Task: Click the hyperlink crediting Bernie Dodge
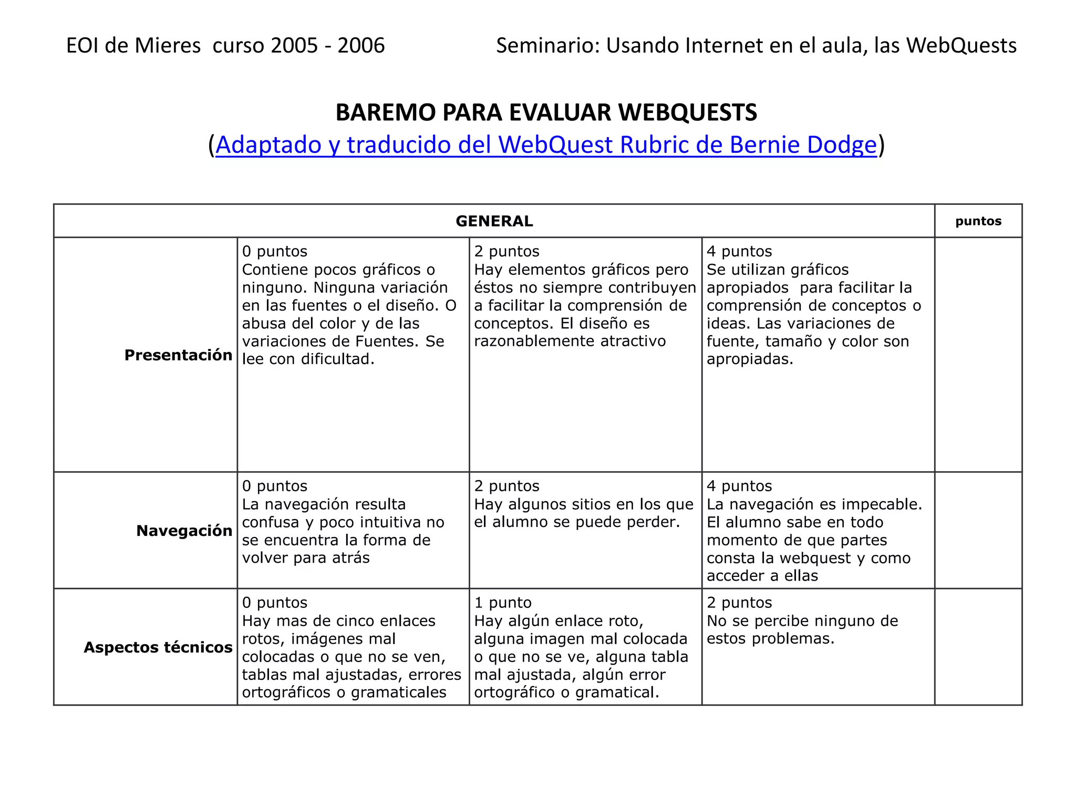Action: coord(546,145)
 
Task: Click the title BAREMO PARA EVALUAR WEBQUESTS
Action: coord(546,112)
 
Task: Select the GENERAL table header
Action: coord(494,221)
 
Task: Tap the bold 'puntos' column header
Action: coord(978,221)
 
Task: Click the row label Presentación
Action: coord(178,356)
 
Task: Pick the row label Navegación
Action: coord(184,531)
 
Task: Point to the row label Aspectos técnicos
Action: coord(158,648)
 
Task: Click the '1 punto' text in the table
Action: coord(502,603)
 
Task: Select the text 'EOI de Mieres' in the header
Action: coord(133,46)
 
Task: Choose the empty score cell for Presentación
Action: coord(978,355)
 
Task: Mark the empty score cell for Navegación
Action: coord(978,530)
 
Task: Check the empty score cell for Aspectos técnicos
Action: coord(978,647)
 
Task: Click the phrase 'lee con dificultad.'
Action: coord(308,359)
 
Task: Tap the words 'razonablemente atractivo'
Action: coord(570,342)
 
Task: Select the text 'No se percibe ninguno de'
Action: coord(802,621)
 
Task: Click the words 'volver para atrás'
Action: coord(306,558)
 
